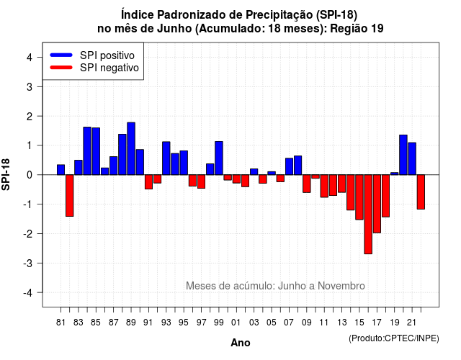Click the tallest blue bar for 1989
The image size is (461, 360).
(x=131, y=149)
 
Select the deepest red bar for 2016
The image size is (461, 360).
(x=368, y=215)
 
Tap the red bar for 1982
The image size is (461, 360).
(x=70, y=195)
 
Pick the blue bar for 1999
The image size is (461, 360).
(x=219, y=158)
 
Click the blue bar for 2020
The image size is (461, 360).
(x=403, y=155)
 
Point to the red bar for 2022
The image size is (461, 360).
(x=421, y=192)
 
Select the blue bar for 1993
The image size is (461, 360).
(x=166, y=158)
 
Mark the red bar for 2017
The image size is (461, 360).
(x=377, y=204)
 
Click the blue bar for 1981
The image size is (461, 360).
(x=61, y=170)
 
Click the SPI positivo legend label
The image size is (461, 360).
(x=107, y=55)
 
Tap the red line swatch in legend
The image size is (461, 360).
(x=61, y=68)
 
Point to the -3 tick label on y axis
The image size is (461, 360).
(x=28, y=263)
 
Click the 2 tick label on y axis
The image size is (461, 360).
(x=30, y=116)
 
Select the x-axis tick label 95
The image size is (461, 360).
(x=184, y=323)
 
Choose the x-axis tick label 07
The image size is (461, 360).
(x=289, y=323)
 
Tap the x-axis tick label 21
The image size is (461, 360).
(x=411, y=323)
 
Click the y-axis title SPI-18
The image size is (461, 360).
(x=6, y=174)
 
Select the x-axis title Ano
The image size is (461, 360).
(x=241, y=343)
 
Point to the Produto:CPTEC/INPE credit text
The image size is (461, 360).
(x=394, y=338)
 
